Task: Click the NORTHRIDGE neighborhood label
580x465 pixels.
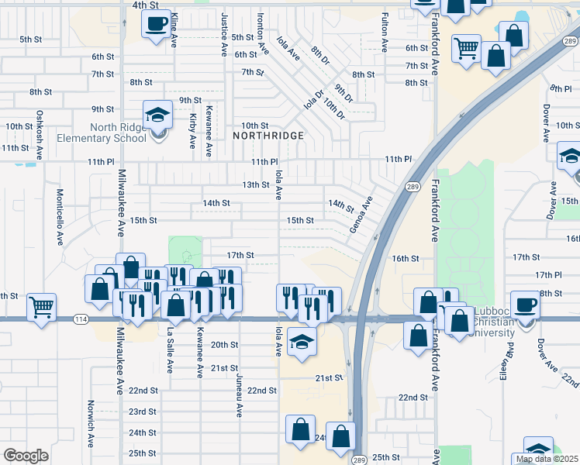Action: click(x=268, y=136)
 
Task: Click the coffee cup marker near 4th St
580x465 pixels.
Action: click(x=157, y=24)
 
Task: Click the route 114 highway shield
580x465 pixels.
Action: click(x=81, y=319)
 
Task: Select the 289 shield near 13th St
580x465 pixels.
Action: click(x=413, y=187)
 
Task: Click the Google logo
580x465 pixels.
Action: click(x=26, y=456)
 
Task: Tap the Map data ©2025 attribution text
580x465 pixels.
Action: click(x=546, y=459)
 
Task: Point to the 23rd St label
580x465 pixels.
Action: click(x=143, y=412)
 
